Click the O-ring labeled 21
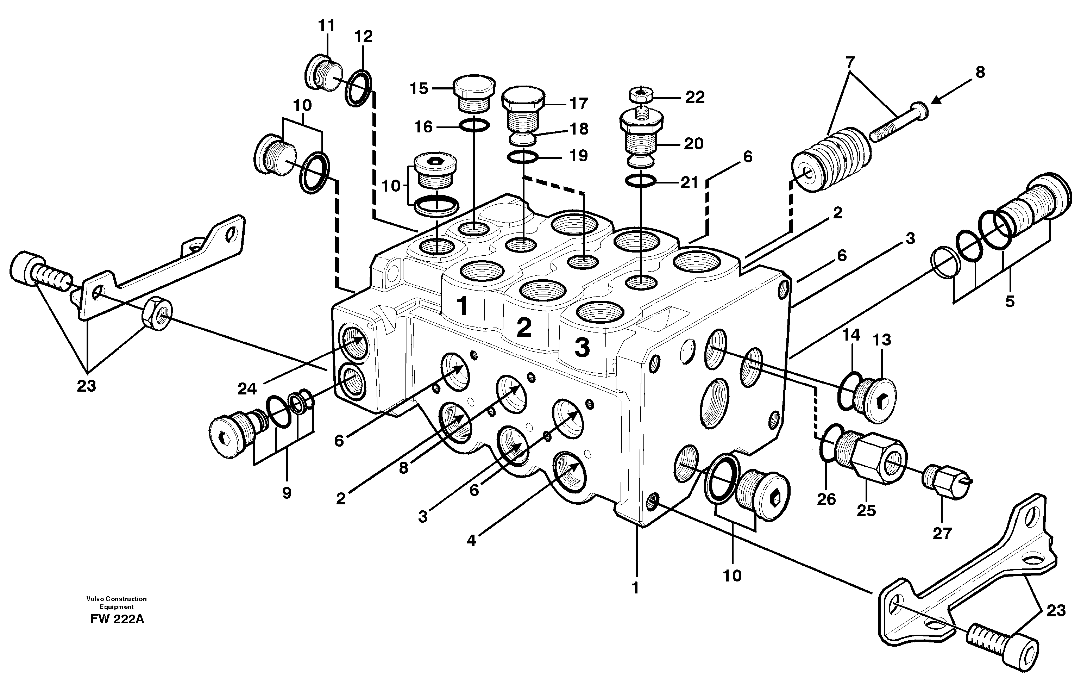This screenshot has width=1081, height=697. point(640,181)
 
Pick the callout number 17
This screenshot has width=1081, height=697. point(578,104)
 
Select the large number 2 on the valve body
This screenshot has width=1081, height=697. point(524,328)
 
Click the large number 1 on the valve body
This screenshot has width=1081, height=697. point(462,306)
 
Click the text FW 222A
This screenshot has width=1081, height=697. point(117,619)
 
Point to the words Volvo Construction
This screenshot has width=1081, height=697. point(117,599)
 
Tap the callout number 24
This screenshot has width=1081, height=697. point(247,388)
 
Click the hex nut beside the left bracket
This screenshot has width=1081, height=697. point(157,312)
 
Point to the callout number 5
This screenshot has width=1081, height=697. point(1010,301)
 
